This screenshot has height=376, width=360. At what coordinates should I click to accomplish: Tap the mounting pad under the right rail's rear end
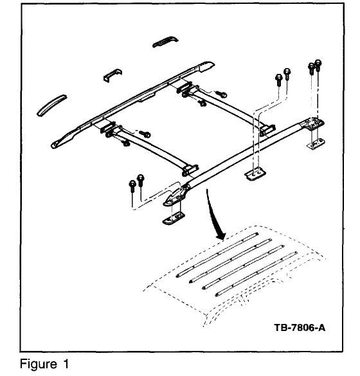pos(315,143)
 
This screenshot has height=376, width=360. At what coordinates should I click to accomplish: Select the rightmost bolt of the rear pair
pos(318,65)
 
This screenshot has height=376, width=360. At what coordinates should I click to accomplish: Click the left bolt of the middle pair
pos(278,78)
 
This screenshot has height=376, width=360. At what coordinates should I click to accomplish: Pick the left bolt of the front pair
pos(132,184)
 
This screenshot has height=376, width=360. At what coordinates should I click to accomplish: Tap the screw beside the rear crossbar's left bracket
pos(220,95)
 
